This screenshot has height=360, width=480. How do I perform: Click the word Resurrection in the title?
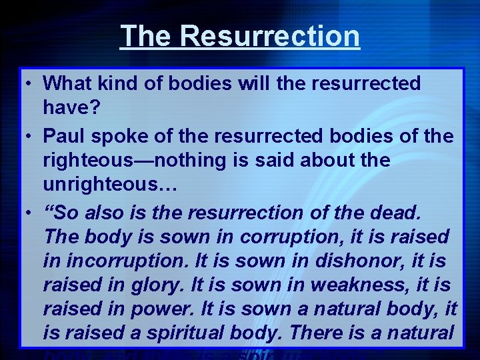coord(269,36)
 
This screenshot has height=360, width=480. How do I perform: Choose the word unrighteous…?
coord(110,185)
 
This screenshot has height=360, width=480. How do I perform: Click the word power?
coord(157,310)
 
